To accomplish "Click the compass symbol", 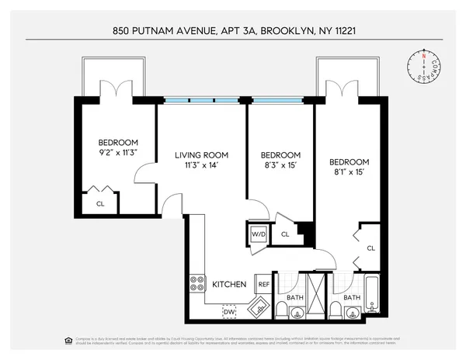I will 423,66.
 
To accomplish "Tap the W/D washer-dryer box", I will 258,233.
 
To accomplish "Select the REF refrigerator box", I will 263,285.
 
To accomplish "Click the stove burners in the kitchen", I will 196,285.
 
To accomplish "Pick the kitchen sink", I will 258,307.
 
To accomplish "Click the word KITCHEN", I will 230,285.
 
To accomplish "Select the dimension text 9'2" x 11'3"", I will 118,153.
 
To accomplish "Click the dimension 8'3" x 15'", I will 280,165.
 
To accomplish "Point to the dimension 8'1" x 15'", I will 349,172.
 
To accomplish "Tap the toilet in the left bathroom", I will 297,313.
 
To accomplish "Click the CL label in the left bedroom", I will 101,204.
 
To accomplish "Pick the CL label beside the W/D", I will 285,233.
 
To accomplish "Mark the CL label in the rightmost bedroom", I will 370,248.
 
